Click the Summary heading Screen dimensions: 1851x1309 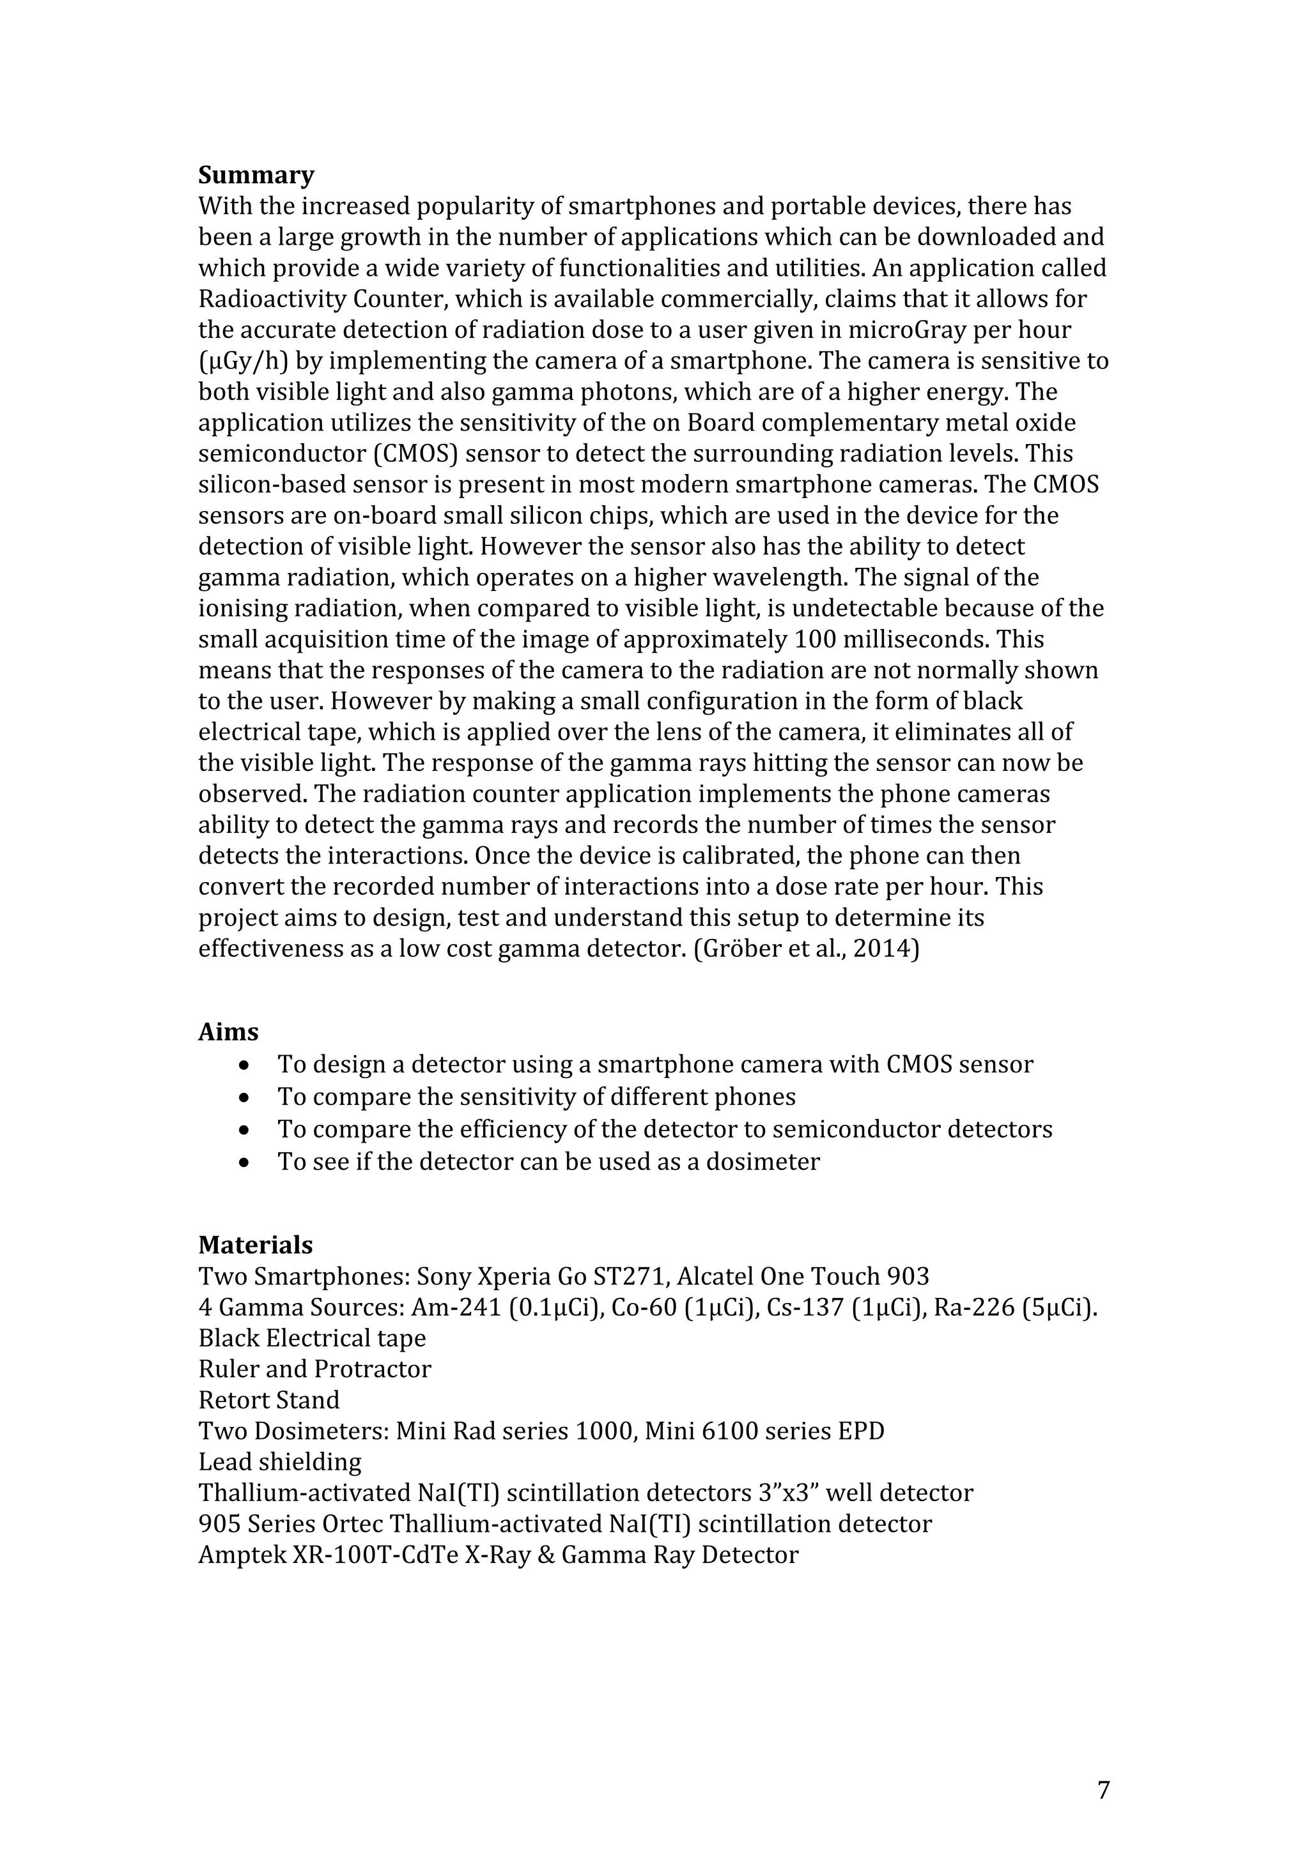256,175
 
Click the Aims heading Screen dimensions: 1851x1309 228,1032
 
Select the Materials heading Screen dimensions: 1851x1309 255,1245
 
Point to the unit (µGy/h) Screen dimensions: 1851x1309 243,361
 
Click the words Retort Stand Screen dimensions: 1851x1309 268,1399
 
